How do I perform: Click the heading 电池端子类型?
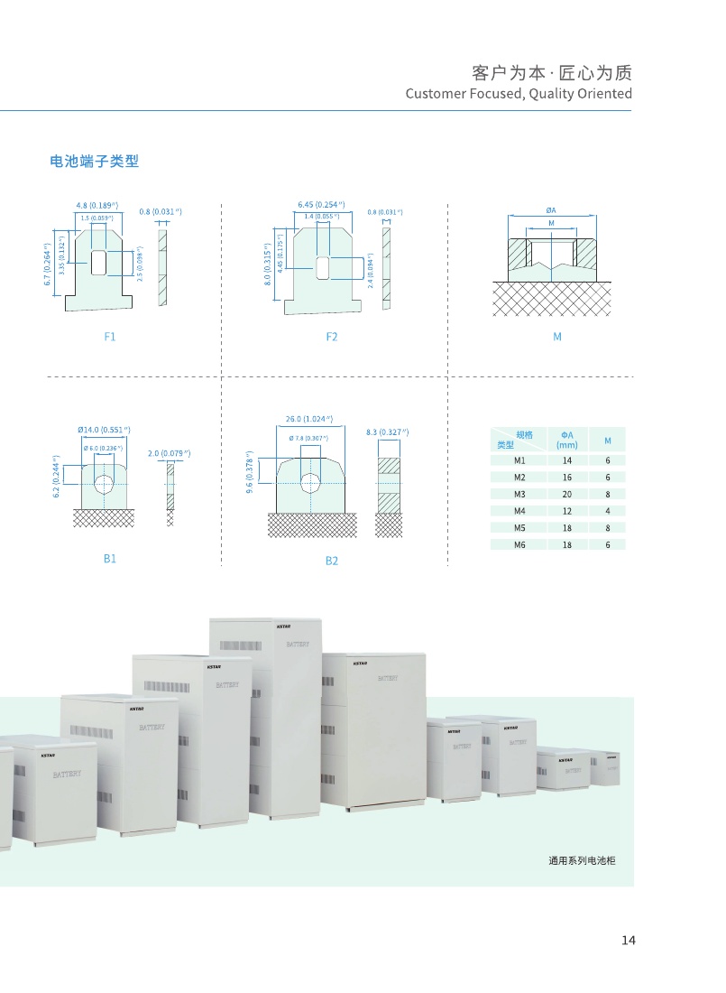[x=94, y=162]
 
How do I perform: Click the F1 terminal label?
[x=110, y=337]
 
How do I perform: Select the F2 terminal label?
[x=332, y=337]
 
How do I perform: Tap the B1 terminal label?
[x=110, y=559]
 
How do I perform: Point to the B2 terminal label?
[x=332, y=561]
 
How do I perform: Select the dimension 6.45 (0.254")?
[x=321, y=205]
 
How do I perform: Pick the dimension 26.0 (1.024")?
[x=309, y=419]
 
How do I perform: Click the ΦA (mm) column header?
[x=567, y=440]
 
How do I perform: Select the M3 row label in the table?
[x=519, y=494]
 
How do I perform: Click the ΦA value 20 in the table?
[x=567, y=494]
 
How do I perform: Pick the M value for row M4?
[x=608, y=511]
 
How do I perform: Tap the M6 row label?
[x=519, y=544]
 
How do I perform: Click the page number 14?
[x=629, y=941]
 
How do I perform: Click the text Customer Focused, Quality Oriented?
[x=519, y=94]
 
